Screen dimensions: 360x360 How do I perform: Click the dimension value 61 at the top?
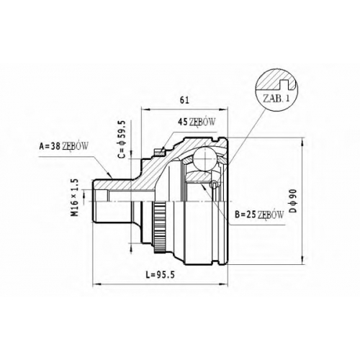point(184,100)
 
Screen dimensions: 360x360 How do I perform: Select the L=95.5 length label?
point(160,275)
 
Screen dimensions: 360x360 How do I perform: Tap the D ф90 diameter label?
point(293,201)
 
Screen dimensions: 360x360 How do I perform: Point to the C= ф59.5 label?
point(122,140)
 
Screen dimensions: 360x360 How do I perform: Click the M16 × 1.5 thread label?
point(76,197)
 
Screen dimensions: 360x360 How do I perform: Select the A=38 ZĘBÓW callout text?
point(63,146)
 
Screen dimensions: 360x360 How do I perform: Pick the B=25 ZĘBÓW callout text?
point(259,215)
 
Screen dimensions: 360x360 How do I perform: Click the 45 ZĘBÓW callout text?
point(197,122)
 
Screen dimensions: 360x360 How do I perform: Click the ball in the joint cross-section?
point(205,159)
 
